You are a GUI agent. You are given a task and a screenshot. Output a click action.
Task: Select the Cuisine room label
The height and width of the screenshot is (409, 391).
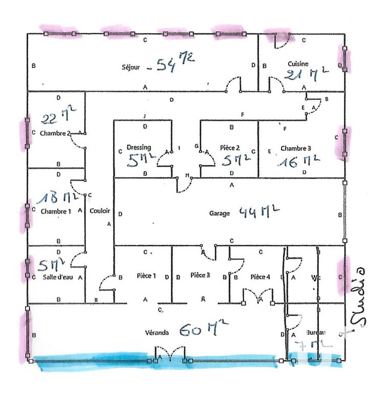click(x=297, y=64)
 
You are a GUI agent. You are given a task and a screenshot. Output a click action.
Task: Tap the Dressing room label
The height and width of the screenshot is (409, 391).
click(x=140, y=147)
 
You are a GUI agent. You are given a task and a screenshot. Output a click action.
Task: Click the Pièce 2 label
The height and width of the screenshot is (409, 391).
click(x=229, y=147)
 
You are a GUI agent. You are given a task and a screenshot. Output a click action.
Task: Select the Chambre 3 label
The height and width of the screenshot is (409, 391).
click(x=295, y=148)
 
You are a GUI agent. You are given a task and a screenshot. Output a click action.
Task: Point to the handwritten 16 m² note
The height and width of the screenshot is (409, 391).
click(x=299, y=161)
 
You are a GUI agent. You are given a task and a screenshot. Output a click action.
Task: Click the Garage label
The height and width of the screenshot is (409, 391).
click(x=220, y=213)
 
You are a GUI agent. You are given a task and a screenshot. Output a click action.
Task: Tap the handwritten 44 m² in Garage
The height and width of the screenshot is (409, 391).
click(x=259, y=210)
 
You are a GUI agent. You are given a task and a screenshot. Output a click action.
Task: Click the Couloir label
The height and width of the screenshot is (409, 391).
click(x=99, y=210)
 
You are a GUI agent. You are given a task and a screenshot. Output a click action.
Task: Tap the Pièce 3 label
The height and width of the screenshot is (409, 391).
click(x=200, y=276)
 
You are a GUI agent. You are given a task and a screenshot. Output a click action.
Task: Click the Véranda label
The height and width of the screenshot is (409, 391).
click(x=157, y=333)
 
